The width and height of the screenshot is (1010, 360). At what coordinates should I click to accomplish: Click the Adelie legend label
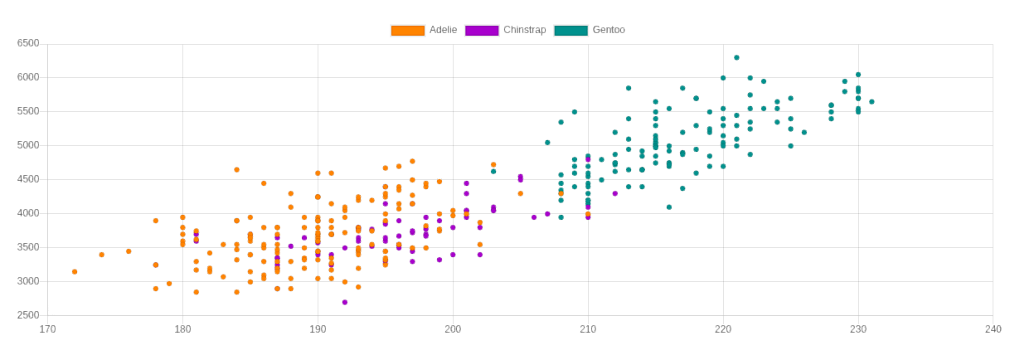pyautogui.click(x=443, y=30)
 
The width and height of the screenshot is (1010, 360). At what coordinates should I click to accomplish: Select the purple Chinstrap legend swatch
pyautogui.click(x=482, y=31)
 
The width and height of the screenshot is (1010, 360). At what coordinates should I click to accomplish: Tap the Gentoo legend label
pyautogui.click(x=609, y=30)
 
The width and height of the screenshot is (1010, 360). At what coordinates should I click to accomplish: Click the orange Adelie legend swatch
pyautogui.click(x=407, y=31)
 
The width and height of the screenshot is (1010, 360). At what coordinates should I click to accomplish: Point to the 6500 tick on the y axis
pyautogui.click(x=28, y=43)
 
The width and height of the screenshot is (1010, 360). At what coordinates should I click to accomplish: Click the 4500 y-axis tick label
pyautogui.click(x=28, y=179)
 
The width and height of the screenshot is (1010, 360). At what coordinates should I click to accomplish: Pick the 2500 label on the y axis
pyautogui.click(x=28, y=315)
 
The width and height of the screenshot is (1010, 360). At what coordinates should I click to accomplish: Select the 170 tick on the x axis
pyautogui.click(x=47, y=329)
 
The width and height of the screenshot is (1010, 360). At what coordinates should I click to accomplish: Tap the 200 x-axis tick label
pyautogui.click(x=453, y=329)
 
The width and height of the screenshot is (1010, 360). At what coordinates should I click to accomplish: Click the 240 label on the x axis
pyautogui.click(x=993, y=329)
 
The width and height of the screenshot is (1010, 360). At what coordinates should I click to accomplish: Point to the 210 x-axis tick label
pyautogui.click(x=588, y=329)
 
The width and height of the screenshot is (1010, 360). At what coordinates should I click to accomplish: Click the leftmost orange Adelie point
pyautogui.click(x=75, y=271)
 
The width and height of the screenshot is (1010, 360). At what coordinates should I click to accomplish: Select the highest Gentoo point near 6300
pyautogui.click(x=736, y=57)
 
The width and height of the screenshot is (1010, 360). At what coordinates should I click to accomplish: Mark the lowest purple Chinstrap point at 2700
pyautogui.click(x=345, y=302)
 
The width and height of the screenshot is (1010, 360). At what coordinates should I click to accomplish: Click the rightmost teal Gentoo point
pyautogui.click(x=872, y=102)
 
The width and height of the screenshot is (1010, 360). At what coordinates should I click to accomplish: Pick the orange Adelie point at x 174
pyautogui.click(x=102, y=255)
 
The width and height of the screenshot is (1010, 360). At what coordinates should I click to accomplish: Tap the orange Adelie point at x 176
pyautogui.click(x=129, y=251)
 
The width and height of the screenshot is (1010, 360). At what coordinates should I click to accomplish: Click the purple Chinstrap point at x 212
pyautogui.click(x=615, y=193)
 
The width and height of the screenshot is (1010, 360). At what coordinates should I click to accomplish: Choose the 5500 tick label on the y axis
pyautogui.click(x=28, y=111)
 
